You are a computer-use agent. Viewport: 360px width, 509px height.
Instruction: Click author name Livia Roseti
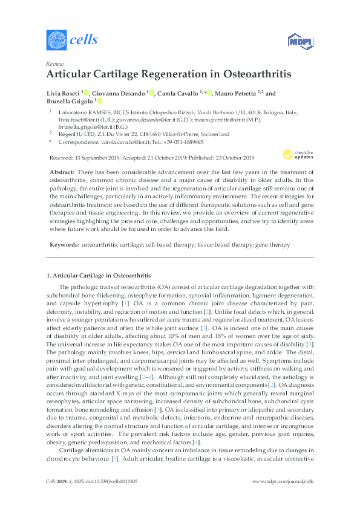point(62,93)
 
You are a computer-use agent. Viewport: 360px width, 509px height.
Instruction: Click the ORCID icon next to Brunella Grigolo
point(100,102)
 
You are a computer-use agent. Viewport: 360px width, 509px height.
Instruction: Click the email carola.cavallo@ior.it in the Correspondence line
point(120,142)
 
